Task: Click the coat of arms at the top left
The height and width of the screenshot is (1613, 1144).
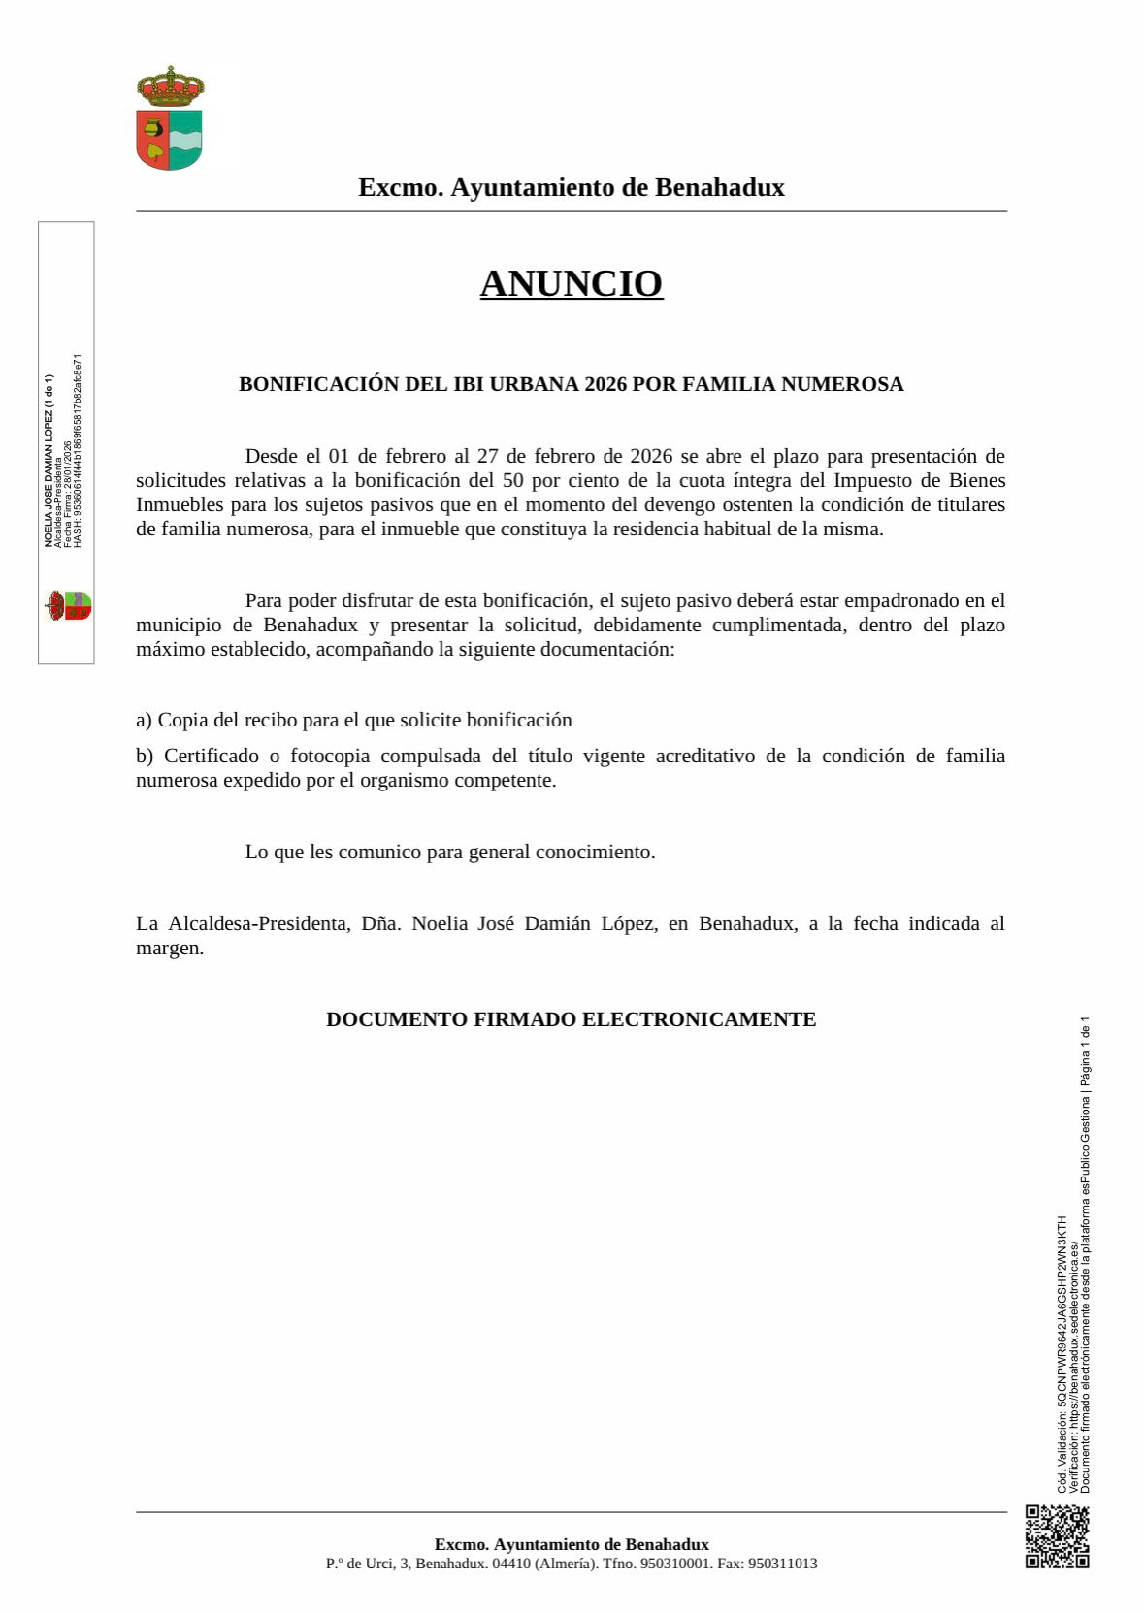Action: pyautogui.click(x=170, y=118)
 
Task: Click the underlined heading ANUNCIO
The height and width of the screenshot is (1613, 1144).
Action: pyautogui.click(x=572, y=283)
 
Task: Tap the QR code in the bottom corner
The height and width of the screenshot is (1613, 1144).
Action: pyautogui.click(x=1057, y=1536)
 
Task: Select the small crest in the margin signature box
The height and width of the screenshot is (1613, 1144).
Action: pyautogui.click(x=67, y=606)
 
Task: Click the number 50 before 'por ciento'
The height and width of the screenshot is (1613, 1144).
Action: pyautogui.click(x=513, y=480)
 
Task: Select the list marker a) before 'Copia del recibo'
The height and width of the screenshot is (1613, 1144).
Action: pyautogui.click(x=144, y=720)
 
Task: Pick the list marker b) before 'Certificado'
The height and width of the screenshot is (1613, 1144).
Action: pyautogui.click(x=145, y=756)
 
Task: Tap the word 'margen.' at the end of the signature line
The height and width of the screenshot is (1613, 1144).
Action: pyautogui.click(x=170, y=948)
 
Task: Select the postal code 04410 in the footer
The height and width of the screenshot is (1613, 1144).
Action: pyautogui.click(x=510, y=1564)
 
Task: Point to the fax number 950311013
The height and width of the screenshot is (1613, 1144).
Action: pyautogui.click(x=783, y=1564)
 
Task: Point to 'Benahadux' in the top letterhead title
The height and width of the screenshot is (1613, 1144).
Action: pyautogui.click(x=720, y=187)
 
